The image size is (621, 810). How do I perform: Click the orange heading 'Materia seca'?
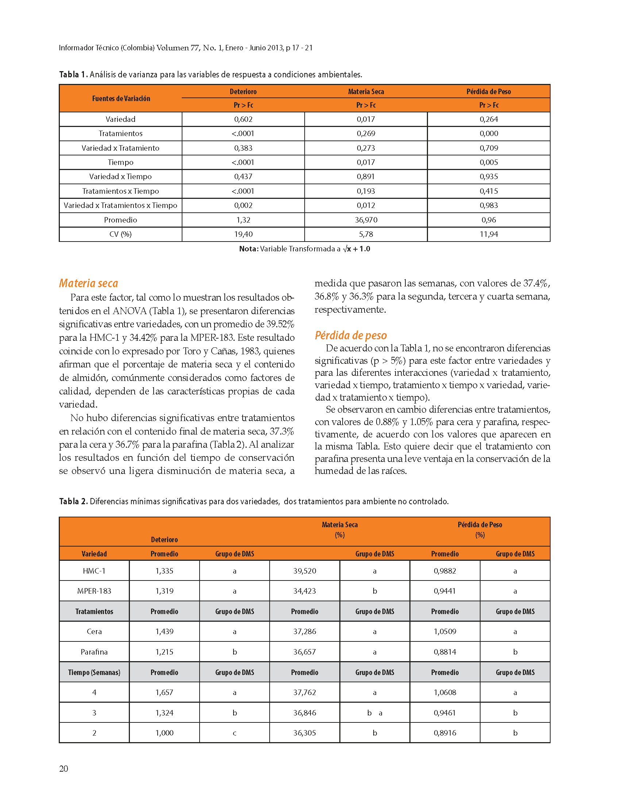(88, 283)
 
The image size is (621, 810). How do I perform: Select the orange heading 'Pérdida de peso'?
(350, 335)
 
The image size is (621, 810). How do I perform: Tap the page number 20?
(63, 769)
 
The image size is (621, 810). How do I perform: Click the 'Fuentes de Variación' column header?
(121, 99)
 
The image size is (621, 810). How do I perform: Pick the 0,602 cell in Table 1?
(243, 119)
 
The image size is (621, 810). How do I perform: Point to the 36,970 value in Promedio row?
(366, 220)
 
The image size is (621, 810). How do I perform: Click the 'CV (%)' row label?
(120, 234)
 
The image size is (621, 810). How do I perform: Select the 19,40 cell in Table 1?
(243, 234)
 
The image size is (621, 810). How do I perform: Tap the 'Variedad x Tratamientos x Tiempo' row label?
(120, 205)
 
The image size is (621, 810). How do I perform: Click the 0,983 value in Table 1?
(489, 205)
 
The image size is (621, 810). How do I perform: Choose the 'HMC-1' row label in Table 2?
(94, 571)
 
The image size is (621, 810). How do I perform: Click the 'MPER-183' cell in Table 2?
(94, 591)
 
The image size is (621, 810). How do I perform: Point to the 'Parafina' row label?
(94, 652)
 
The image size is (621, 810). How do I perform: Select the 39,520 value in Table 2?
(305, 571)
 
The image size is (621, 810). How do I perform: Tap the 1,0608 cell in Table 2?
(445, 693)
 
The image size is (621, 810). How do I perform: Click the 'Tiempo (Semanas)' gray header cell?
(94, 672)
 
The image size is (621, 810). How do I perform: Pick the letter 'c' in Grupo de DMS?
(234, 733)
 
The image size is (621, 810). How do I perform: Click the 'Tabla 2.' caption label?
(74, 501)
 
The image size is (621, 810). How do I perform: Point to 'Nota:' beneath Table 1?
(248, 249)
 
